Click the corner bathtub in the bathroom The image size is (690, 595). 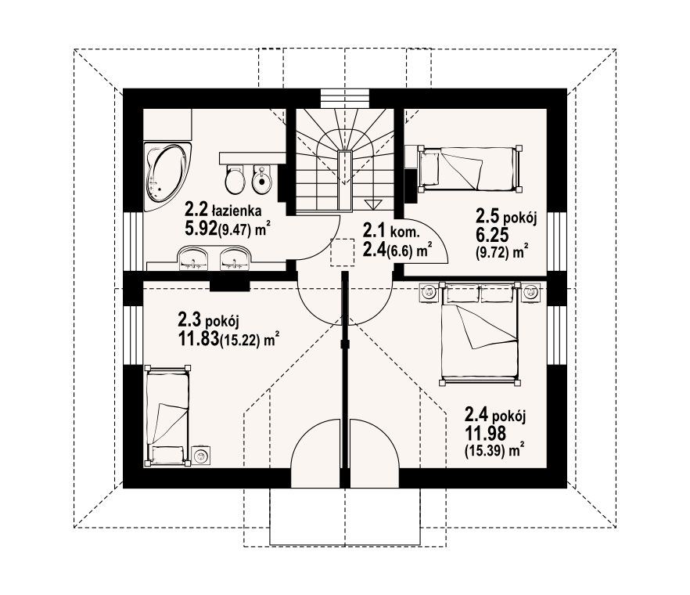pos(167,176)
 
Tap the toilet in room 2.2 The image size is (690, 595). pos(235,179)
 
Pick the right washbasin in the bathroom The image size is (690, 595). pos(235,258)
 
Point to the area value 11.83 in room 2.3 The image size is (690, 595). pos(199,339)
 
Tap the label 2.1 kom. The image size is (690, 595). pos(391,231)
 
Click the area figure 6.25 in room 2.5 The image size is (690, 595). pos(492,235)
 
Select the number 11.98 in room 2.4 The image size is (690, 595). pos(485,434)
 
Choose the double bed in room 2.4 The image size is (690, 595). pos(479,334)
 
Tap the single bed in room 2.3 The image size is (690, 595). pos(167,416)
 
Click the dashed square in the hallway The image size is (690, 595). pos(343,252)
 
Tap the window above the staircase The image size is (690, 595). pos(344,99)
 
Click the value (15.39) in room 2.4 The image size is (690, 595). pos(484,451)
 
